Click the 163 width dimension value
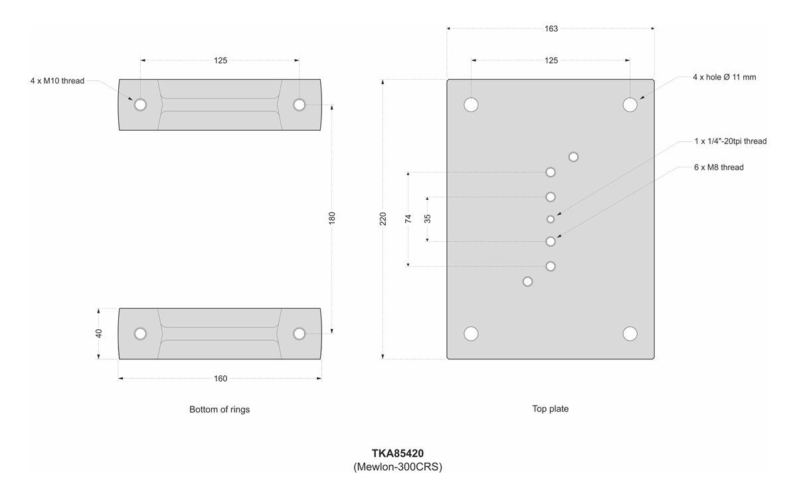click(551, 29)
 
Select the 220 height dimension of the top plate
click(383, 219)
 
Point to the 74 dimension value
click(408, 218)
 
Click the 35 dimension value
click(428, 218)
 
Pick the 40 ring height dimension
click(99, 333)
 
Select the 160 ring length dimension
click(221, 378)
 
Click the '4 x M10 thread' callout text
click(57, 81)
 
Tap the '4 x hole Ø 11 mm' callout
click(724, 77)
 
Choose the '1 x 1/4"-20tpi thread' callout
click(731, 141)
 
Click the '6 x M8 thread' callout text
click(719, 167)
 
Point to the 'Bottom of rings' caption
click(219, 410)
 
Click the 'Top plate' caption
click(550, 409)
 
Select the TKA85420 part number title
click(398, 454)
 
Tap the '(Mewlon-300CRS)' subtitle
click(398, 467)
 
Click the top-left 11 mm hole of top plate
click(472, 105)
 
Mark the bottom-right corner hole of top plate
click(630, 333)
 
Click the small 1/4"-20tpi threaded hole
click(551, 219)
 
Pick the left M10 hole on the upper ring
click(140, 105)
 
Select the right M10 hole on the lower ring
click(299, 333)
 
